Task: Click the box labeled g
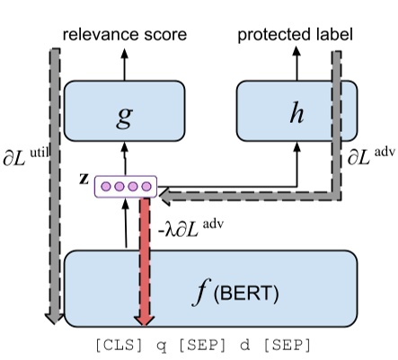click(x=125, y=112)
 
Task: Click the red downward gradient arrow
click(x=143, y=260)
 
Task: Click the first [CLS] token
click(x=116, y=344)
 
